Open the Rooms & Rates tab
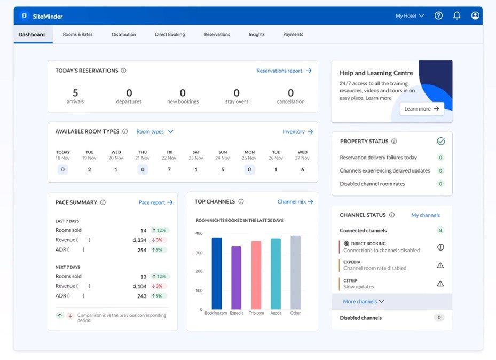pyautogui.click(x=77, y=34)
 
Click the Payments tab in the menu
pyautogui.click(x=293, y=34)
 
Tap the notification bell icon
pyautogui.click(x=456, y=16)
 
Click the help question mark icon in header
pyautogui.click(x=438, y=16)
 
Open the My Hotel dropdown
pyautogui.click(x=410, y=16)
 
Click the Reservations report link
pyautogui.click(x=284, y=71)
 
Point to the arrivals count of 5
pyautogui.click(x=75, y=93)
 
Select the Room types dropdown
pyautogui.click(x=155, y=131)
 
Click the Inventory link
pyautogui.click(x=297, y=131)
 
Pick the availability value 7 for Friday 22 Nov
pyautogui.click(x=169, y=169)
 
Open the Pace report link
pyautogui.click(x=155, y=202)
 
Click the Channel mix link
pyautogui.click(x=295, y=201)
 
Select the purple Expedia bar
pyautogui.click(x=236, y=277)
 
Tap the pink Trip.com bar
pyautogui.click(x=256, y=275)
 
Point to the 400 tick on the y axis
pyautogui.click(x=199, y=233)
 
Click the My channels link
pyautogui.click(x=426, y=215)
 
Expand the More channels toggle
pyautogui.click(x=363, y=301)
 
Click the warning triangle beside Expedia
pyautogui.click(x=440, y=265)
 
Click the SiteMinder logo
pyautogui.click(x=41, y=16)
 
